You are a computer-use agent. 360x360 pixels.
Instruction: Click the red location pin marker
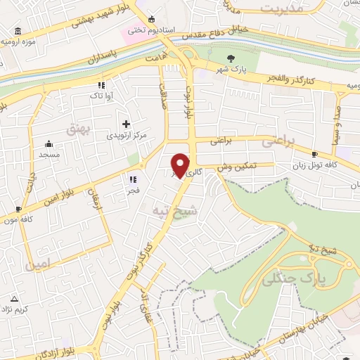[x=181, y=165]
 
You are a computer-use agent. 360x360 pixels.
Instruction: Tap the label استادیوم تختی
[x=144, y=31]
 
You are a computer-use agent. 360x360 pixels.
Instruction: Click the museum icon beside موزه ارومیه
[x=17, y=30]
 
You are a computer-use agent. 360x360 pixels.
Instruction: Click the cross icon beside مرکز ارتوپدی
[x=126, y=124]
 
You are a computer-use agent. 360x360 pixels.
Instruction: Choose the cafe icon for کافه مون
[x=18, y=209]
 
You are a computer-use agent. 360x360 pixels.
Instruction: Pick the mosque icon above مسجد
[x=49, y=143]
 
